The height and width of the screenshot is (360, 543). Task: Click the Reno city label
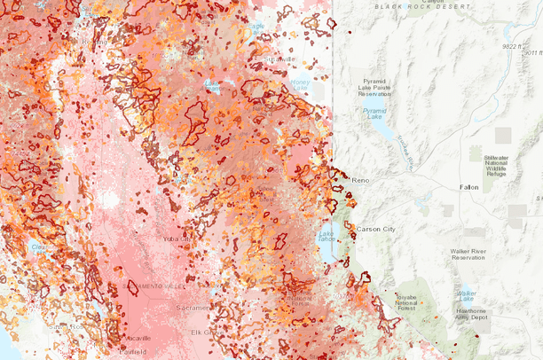click(x=360, y=180)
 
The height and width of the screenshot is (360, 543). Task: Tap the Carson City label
click(x=375, y=229)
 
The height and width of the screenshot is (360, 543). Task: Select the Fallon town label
click(x=469, y=188)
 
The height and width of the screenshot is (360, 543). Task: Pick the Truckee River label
click(x=405, y=153)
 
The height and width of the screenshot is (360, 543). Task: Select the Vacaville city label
click(x=138, y=338)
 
